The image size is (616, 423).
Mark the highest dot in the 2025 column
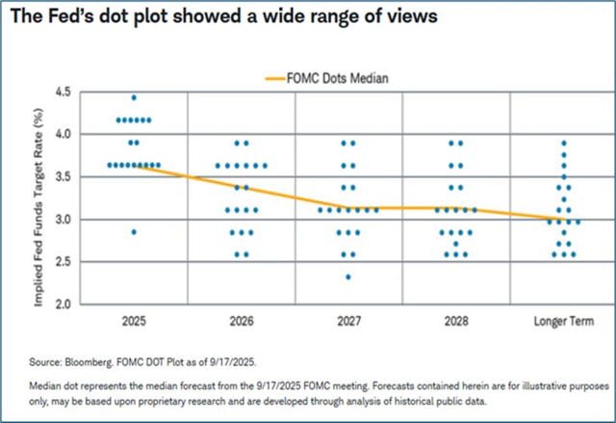tap(134, 97)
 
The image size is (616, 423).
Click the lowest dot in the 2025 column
tap(134, 232)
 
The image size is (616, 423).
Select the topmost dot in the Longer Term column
tap(563, 143)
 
